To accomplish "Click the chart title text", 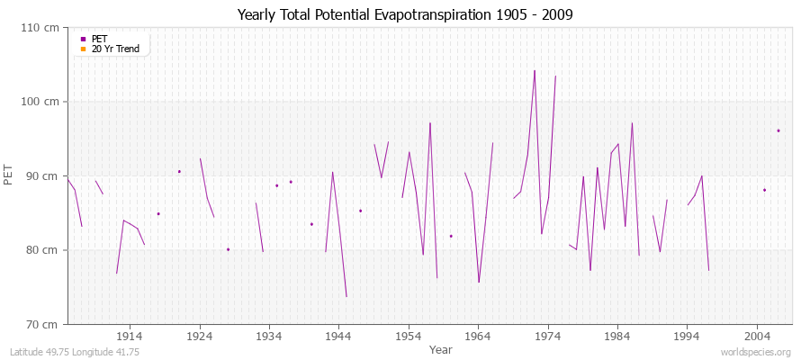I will click(x=405, y=14).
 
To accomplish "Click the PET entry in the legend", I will click(x=100, y=39).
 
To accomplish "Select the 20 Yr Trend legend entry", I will click(x=116, y=49).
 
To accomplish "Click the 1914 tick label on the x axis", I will click(x=130, y=335).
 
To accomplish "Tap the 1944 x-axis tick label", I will click(x=339, y=335).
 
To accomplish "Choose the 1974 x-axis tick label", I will click(x=548, y=335).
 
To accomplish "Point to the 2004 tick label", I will click(x=757, y=335).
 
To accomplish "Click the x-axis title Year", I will click(x=441, y=349).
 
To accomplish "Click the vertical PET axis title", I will click(x=10, y=175).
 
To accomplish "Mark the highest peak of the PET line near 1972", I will click(x=535, y=70).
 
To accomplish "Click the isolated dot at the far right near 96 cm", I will click(x=778, y=130).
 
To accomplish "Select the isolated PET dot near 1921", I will click(x=179, y=171).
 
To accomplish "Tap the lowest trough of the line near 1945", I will click(x=346, y=296).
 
